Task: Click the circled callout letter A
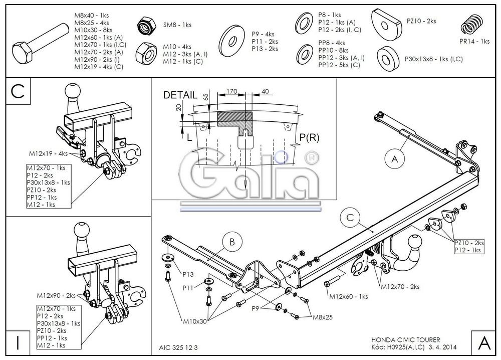[395, 159]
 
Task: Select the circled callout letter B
[232, 242]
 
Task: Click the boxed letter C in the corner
[17, 92]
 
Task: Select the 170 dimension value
[231, 92]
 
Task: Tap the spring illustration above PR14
[471, 26]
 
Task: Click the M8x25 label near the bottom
[323, 317]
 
